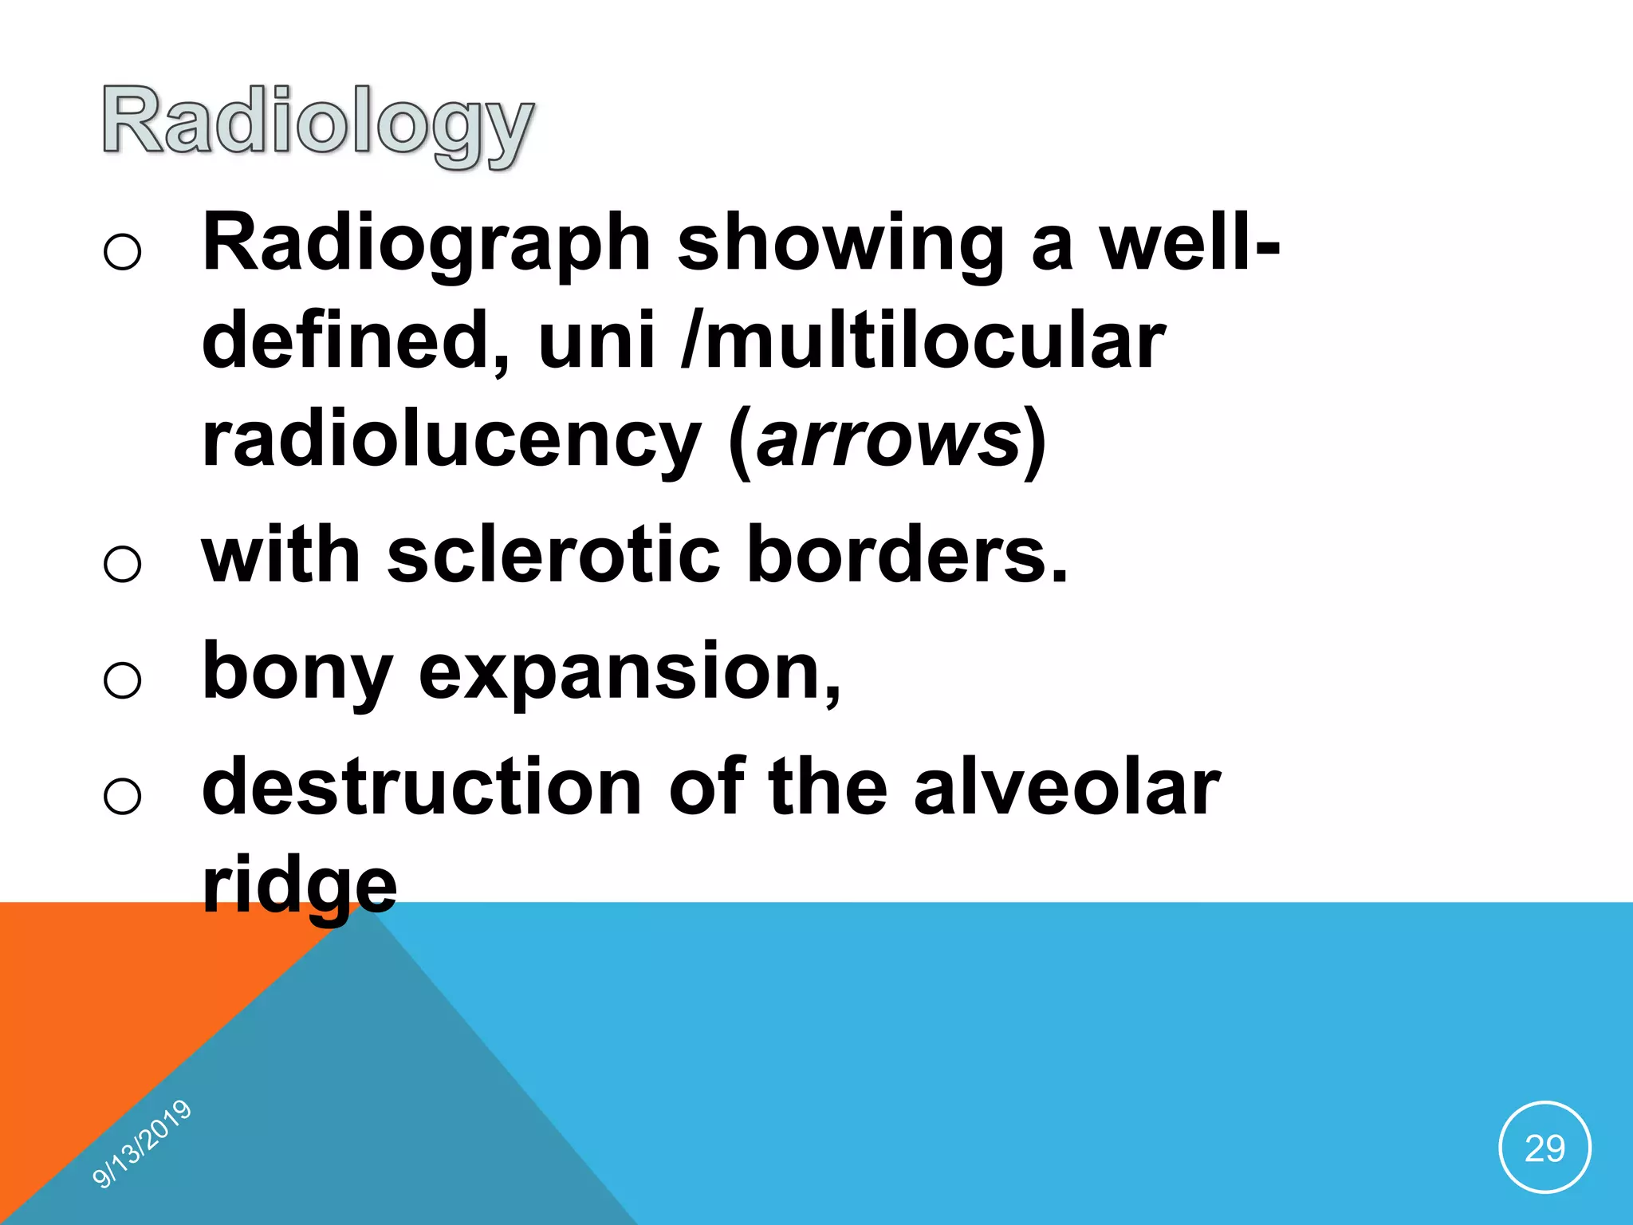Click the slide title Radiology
click(317, 123)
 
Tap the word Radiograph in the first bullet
click(427, 244)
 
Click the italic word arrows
click(887, 439)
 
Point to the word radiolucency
click(451, 439)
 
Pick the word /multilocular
click(923, 342)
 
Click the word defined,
click(356, 341)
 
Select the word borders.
click(906, 555)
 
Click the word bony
click(297, 672)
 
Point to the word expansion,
click(630, 672)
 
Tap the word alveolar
click(1067, 788)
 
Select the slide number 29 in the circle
click(1544, 1148)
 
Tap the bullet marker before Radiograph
click(122, 251)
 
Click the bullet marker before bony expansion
click(122, 680)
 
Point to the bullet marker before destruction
click(122, 796)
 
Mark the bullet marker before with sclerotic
click(122, 563)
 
